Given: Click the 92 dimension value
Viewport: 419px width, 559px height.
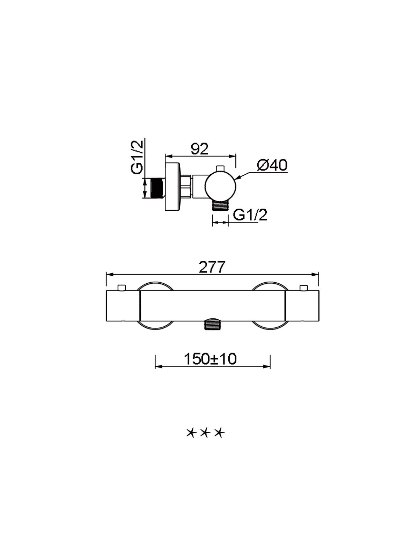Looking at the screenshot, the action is tap(200, 149).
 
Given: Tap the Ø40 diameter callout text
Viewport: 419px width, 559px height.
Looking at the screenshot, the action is tap(272, 165).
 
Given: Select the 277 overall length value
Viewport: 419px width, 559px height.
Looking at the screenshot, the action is tap(212, 267).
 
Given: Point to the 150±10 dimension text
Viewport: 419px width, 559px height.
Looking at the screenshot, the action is tap(210, 359).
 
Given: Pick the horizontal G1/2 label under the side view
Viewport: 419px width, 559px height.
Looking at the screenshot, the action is tap(250, 215).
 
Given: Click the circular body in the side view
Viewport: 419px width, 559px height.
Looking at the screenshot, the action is tap(221, 187).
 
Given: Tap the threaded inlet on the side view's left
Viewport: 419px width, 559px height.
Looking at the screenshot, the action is tap(158, 188).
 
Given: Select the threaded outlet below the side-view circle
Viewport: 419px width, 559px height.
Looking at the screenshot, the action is tap(220, 205).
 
